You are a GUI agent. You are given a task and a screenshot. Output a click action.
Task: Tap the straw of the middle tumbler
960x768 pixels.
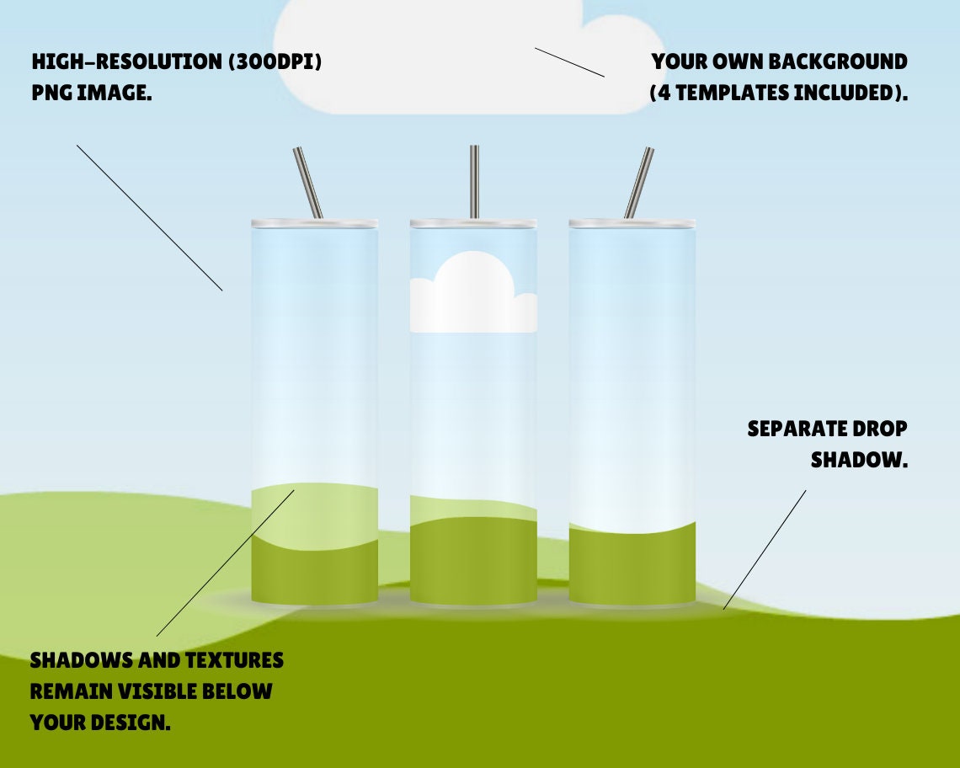click(474, 182)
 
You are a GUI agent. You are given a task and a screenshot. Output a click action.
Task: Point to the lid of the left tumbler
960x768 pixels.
click(314, 224)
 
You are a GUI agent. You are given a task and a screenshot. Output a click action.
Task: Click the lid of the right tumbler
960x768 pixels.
click(632, 224)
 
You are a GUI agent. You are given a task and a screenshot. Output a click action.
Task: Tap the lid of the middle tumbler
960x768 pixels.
click(473, 224)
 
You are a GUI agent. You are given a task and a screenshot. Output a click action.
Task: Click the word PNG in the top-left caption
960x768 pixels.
click(51, 93)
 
